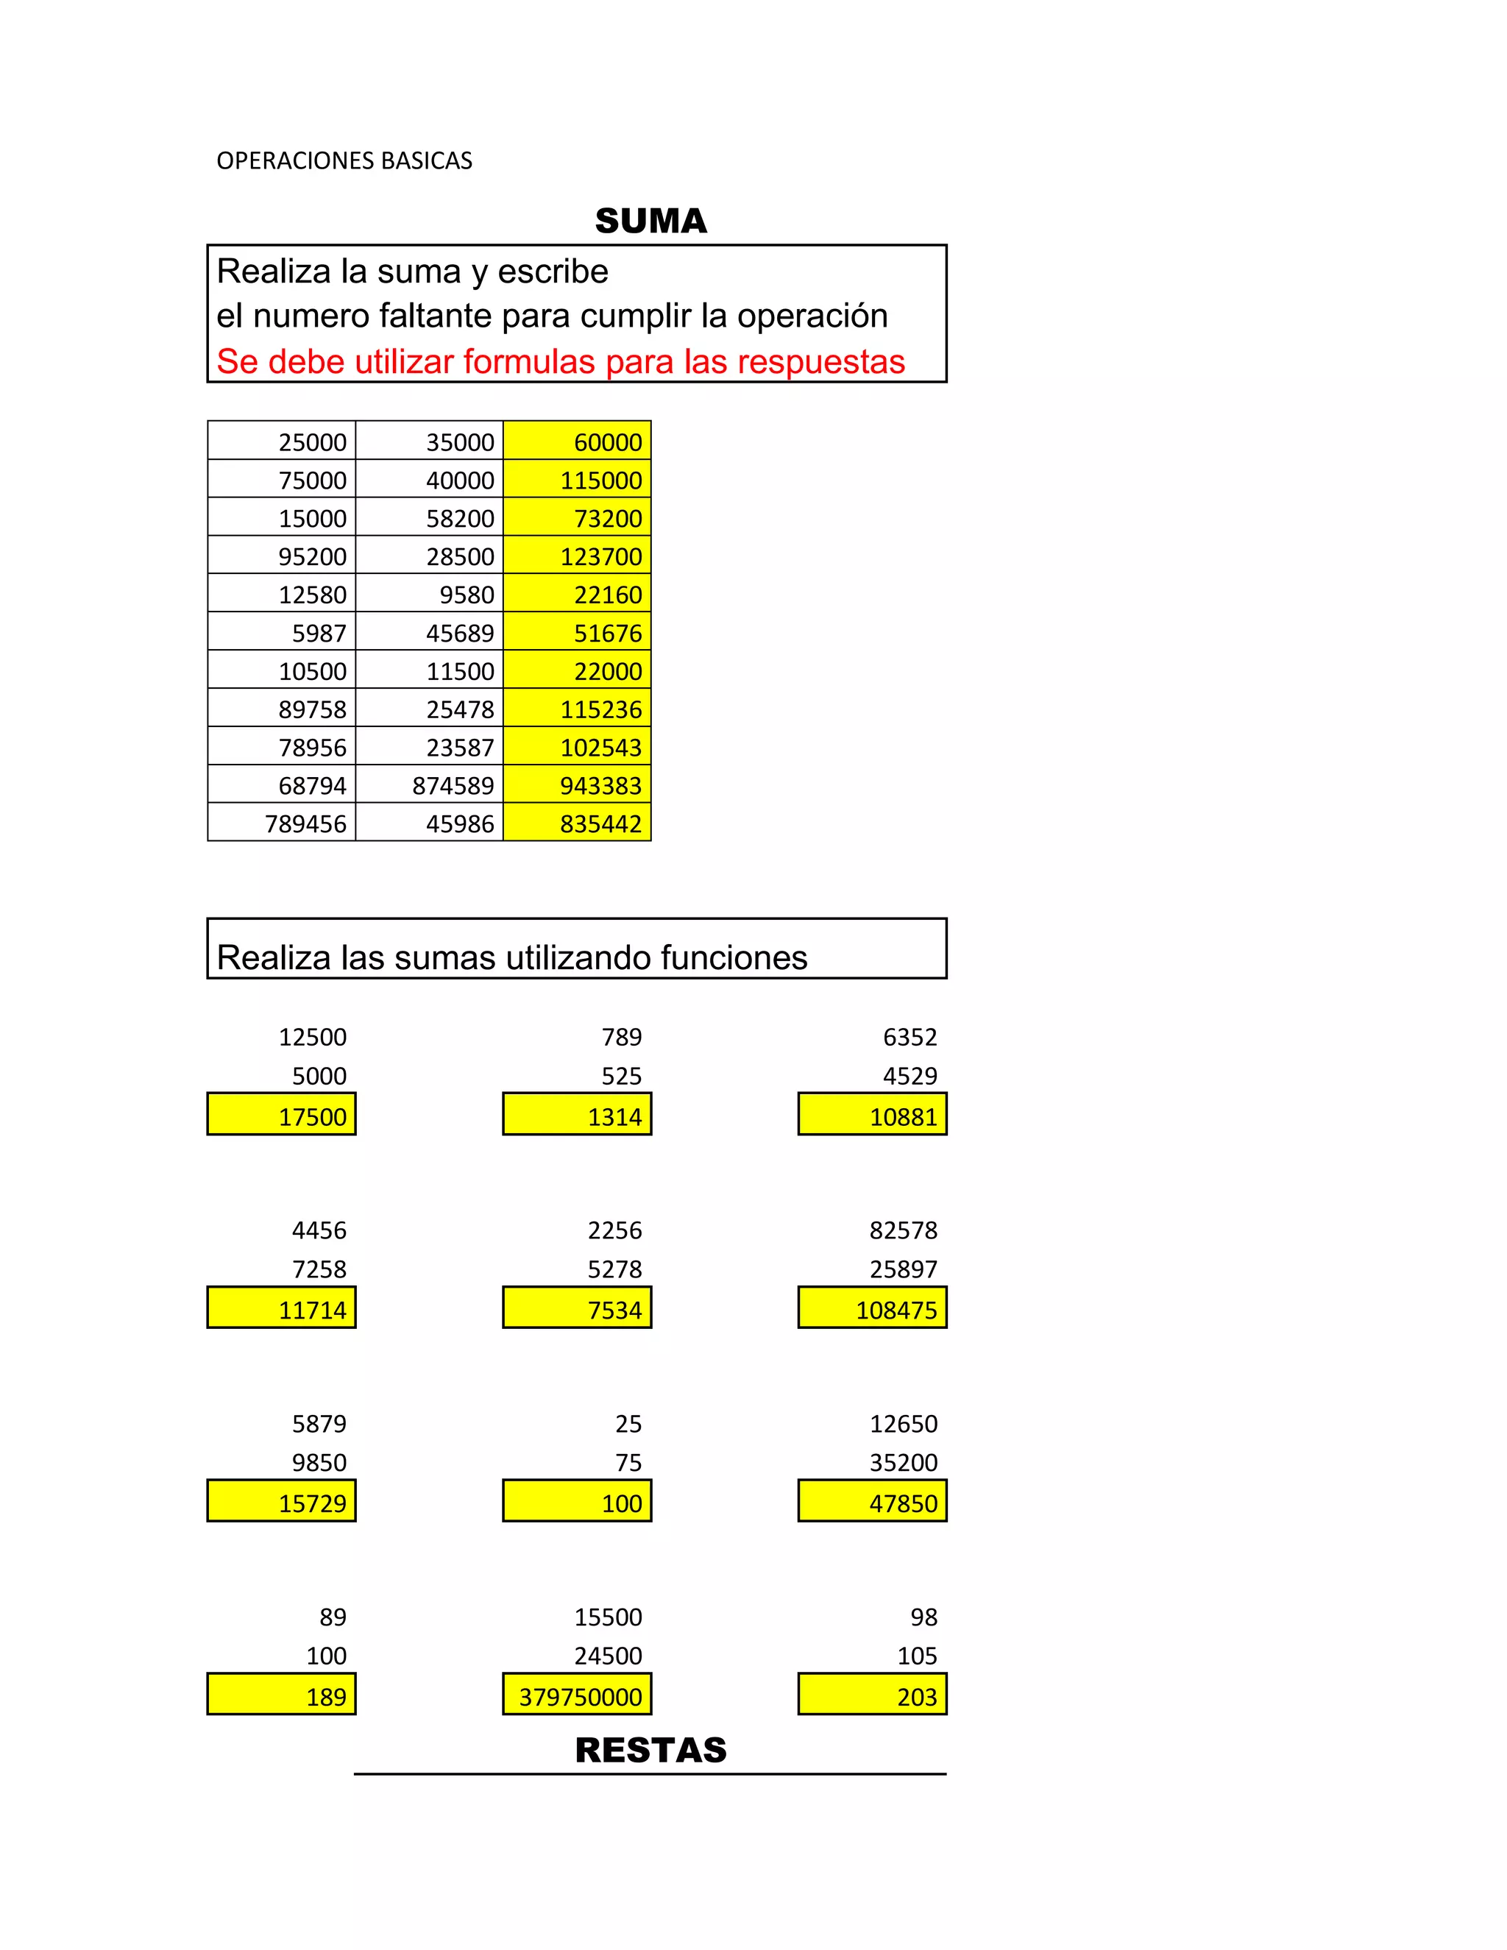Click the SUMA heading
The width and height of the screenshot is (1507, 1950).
650,221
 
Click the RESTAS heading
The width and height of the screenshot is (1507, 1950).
650,1750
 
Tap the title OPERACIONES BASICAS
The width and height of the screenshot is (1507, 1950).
344,160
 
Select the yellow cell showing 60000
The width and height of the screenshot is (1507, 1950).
578,441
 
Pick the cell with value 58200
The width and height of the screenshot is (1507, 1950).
430,518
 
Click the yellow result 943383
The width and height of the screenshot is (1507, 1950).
578,786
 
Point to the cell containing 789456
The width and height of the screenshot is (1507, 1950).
282,823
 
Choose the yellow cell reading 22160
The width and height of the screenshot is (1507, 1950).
578,594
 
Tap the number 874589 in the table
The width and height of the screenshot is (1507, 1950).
430,786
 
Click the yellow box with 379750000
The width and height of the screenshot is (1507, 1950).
578,1695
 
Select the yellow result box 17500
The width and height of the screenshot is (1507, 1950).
282,1115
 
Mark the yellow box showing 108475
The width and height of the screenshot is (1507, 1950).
872,1309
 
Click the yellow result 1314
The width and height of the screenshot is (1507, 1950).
578,1115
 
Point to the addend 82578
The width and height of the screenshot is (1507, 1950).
904,1230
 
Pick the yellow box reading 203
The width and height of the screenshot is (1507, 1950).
872,1695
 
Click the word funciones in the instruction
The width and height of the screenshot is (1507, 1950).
734,957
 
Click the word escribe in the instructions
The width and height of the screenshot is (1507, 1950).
553,272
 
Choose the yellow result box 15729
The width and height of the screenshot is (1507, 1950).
282,1503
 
